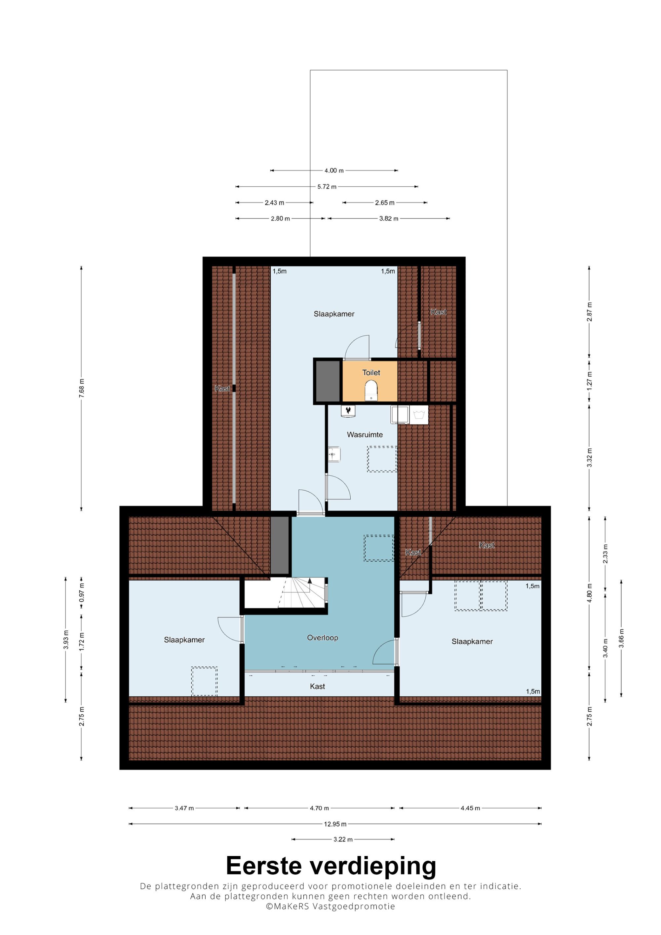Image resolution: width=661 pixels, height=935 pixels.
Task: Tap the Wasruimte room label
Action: pos(365,434)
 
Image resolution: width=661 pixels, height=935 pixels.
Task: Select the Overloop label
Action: pos(322,637)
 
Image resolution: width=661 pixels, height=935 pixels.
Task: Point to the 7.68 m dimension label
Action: pos(81,388)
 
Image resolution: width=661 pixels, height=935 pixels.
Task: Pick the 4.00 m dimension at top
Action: pos(333,170)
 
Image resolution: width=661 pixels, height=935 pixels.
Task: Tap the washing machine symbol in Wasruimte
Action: pos(419,415)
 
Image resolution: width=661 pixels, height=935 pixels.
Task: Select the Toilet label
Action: pos(371,372)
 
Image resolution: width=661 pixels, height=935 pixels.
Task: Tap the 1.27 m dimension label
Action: pos(589,381)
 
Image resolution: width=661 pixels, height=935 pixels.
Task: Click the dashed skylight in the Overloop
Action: pos(379,548)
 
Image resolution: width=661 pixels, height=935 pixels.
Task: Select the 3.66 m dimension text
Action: pos(621,638)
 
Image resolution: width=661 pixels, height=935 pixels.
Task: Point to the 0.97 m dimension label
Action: pos(81,593)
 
